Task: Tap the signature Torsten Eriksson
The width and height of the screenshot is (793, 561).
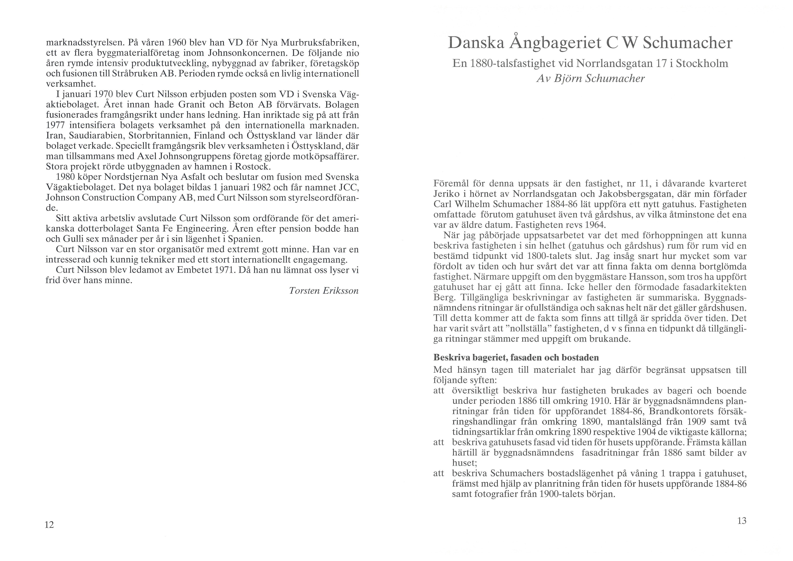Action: (x=324, y=291)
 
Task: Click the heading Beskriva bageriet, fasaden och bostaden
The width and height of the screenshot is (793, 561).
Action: (x=516, y=358)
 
